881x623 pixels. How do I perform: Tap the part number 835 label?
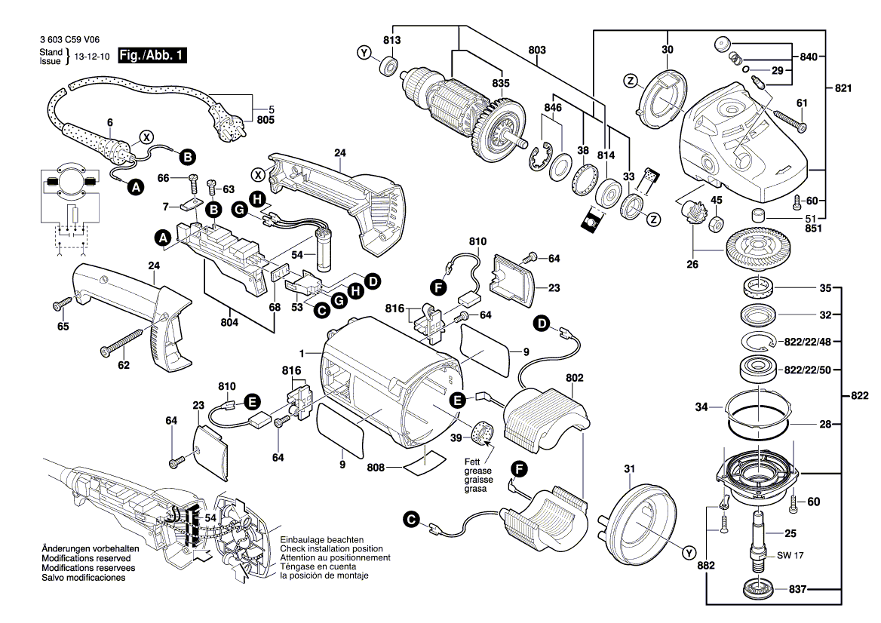[501, 83]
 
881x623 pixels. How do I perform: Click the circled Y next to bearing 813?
[364, 53]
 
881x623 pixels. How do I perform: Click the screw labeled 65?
[61, 305]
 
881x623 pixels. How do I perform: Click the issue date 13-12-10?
[94, 56]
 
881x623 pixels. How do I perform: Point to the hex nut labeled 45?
[717, 224]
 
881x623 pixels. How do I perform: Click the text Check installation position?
[331, 548]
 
